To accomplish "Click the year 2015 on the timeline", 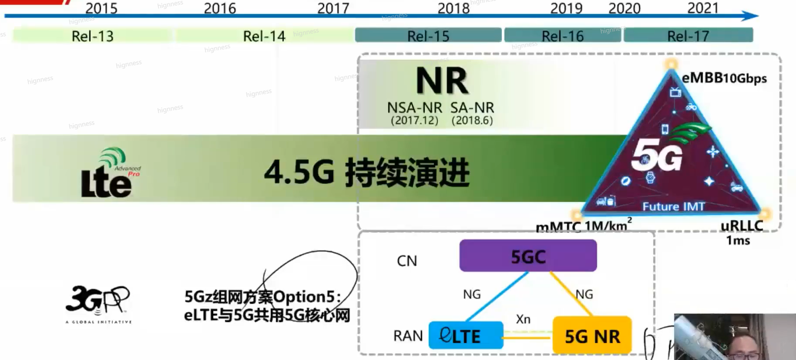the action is (101, 8).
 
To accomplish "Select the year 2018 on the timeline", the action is (453, 8).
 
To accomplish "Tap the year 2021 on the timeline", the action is (702, 8).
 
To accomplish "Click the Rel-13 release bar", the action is (92, 36).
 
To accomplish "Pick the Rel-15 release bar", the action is (428, 36).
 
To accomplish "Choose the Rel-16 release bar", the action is (562, 36).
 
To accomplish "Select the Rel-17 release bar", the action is (688, 36).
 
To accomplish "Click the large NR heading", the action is (442, 81).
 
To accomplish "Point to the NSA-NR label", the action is (414, 108).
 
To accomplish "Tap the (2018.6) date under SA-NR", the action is (472, 121).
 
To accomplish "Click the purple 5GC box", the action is (528, 256).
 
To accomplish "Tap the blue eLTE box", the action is (466, 336).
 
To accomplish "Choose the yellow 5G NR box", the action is (592, 336).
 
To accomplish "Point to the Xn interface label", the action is (523, 319).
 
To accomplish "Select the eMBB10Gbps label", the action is (724, 78).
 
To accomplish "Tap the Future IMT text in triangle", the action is (673, 206).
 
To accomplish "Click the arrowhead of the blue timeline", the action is (750, 16).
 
